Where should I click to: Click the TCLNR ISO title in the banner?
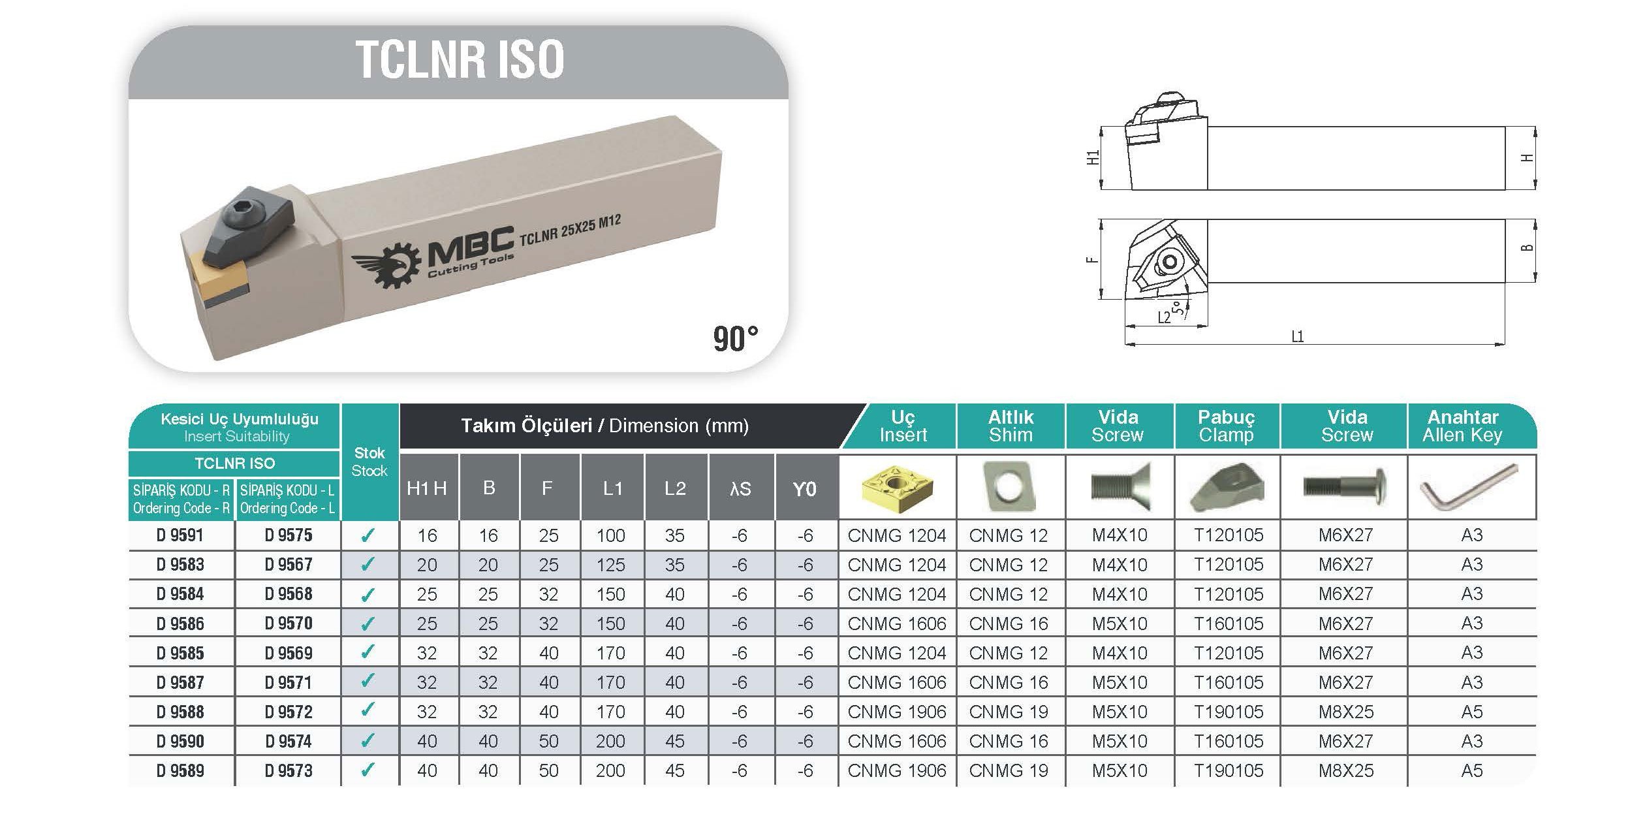click(x=460, y=60)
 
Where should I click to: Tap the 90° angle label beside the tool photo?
click(x=735, y=339)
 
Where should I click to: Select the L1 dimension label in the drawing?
click(x=1298, y=337)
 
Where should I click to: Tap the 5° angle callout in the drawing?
click(x=1178, y=309)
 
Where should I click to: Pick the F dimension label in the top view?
click(x=1092, y=260)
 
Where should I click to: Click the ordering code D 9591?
click(x=180, y=535)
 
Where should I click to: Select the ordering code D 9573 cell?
click(x=289, y=771)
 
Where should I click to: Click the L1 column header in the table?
click(x=612, y=488)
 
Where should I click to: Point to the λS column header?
click(x=740, y=488)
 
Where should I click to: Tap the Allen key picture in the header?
click(x=1470, y=488)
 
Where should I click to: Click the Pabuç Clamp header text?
click(x=1226, y=426)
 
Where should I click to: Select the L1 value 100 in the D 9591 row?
click(x=610, y=535)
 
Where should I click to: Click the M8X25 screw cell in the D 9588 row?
click(x=1345, y=712)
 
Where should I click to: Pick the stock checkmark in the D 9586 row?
click(x=368, y=624)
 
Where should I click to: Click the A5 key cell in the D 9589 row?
click(x=1471, y=771)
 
